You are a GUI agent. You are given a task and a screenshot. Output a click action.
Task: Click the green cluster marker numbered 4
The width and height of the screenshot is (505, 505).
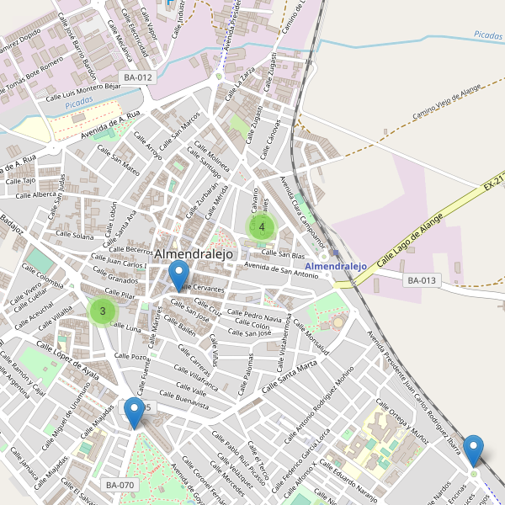click(262, 226)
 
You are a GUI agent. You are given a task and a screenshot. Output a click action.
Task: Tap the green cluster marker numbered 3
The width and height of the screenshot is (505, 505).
click(103, 311)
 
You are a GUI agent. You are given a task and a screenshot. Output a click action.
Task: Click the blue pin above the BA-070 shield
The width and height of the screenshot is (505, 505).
click(134, 412)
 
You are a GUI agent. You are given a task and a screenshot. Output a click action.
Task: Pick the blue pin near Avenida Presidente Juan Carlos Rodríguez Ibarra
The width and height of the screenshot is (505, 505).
click(474, 449)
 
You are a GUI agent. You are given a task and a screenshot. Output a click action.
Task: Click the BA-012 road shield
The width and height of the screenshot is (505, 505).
click(138, 77)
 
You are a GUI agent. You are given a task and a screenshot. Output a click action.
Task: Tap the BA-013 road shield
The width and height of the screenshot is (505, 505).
click(423, 280)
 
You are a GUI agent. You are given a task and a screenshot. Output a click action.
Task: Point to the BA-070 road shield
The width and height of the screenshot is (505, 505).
click(120, 485)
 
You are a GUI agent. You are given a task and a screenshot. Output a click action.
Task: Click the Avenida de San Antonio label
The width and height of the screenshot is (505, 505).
click(281, 271)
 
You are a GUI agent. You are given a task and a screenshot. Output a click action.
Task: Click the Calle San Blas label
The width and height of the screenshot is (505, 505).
click(283, 253)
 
